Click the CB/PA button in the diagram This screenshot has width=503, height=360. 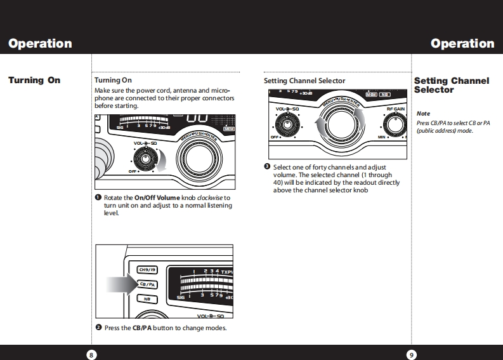click(x=147, y=284)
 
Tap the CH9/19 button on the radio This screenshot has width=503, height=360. click(x=147, y=270)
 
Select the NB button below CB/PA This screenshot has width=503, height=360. click(x=147, y=299)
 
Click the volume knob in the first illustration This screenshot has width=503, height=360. click(x=145, y=158)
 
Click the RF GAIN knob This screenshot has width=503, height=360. click(x=396, y=124)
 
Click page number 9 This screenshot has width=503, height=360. click(x=412, y=354)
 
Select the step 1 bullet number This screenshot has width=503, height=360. click(x=98, y=197)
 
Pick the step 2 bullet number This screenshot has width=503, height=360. click(x=98, y=327)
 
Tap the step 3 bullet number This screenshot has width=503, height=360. click(x=267, y=166)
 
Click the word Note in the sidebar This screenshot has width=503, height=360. click(x=422, y=114)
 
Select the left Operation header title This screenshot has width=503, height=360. click(x=40, y=44)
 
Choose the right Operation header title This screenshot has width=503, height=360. click(x=462, y=44)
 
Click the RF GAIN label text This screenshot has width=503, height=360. click(x=395, y=109)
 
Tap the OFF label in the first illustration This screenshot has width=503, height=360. click(x=133, y=171)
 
